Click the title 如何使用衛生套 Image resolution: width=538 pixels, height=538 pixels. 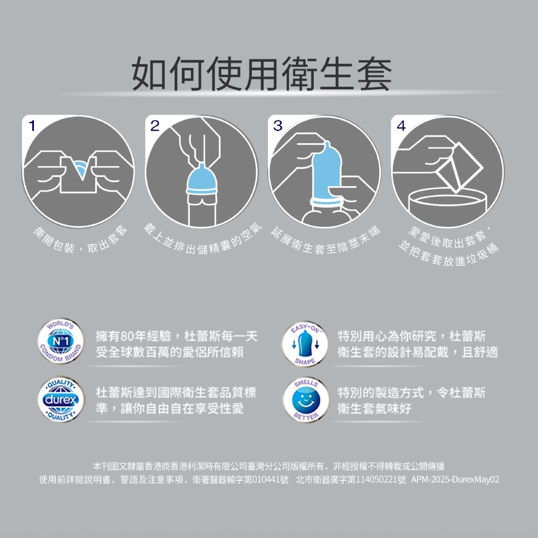[261, 73]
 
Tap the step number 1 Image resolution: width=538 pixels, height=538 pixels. [32, 126]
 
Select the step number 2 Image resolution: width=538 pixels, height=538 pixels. [155, 126]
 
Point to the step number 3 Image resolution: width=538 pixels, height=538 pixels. [278, 126]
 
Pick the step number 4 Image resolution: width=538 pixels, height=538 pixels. [401, 126]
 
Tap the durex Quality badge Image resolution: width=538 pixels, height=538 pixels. [61, 399]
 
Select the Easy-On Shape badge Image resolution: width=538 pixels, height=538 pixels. [305, 344]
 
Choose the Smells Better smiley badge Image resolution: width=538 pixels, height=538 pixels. [305, 400]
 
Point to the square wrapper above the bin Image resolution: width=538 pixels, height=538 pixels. [459, 167]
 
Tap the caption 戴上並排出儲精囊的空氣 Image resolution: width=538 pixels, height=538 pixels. [202, 239]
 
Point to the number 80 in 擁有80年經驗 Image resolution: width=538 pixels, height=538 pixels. [126, 337]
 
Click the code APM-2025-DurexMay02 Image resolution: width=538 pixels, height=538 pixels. [455, 479]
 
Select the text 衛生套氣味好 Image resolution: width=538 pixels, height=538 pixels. [374, 408]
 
